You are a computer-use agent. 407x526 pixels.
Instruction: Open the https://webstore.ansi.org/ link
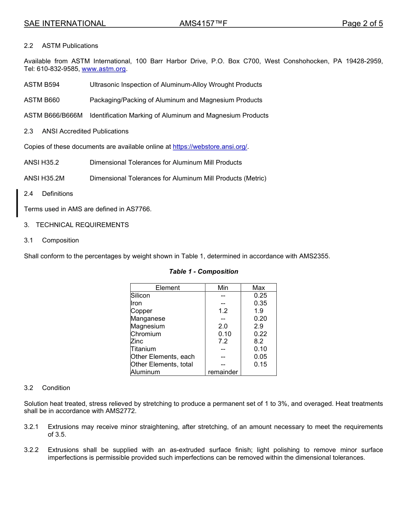point(210,147)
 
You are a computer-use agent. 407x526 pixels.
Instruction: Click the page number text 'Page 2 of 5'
point(362,24)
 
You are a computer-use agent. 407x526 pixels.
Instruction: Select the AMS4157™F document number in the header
point(203,24)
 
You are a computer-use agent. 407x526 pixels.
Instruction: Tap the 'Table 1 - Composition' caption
point(203,272)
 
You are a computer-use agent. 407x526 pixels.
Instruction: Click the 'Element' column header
point(168,288)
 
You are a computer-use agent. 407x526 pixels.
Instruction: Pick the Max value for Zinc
point(259,341)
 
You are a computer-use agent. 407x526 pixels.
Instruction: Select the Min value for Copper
point(223,311)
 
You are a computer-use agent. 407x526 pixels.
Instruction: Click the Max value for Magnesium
point(259,326)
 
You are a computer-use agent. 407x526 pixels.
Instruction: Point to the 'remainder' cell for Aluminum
point(223,372)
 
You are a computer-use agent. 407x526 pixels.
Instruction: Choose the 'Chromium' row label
point(146,334)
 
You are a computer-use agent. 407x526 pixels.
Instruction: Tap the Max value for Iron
point(260,303)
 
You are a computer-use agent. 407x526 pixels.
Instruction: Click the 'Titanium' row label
point(143,349)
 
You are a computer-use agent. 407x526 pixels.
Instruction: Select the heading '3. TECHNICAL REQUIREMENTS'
point(76,225)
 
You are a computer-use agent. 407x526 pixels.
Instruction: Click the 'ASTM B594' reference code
point(42,85)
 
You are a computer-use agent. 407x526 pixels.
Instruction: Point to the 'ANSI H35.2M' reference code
point(44,178)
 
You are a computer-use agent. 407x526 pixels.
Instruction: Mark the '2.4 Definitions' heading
point(48,194)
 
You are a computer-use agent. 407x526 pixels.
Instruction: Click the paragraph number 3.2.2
point(31,450)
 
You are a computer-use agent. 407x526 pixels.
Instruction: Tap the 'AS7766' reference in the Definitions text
point(138,209)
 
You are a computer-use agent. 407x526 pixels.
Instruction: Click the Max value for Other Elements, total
point(260,364)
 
